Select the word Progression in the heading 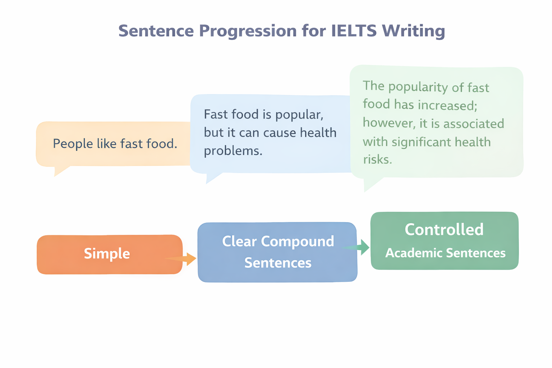[x=248, y=31]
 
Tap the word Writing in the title [x=413, y=31]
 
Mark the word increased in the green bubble [x=447, y=105]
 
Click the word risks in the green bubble [x=377, y=159]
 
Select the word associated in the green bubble [x=474, y=124]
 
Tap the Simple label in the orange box [x=107, y=254]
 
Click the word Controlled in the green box [x=444, y=230]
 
